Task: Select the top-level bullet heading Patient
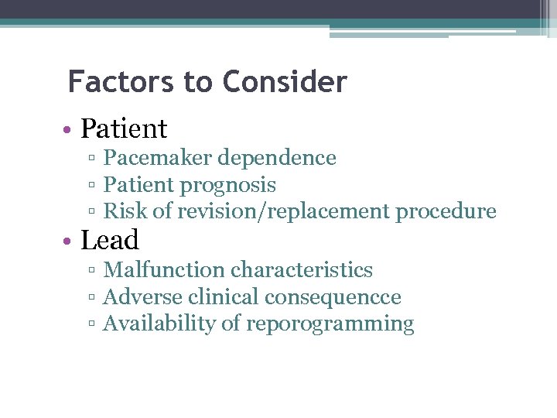coord(124,128)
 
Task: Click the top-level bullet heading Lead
coord(110,241)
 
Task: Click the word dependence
coord(276,158)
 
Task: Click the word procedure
coord(446,211)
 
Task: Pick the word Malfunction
coord(164,270)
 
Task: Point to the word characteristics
coord(302,270)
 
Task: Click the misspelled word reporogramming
coord(330,324)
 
